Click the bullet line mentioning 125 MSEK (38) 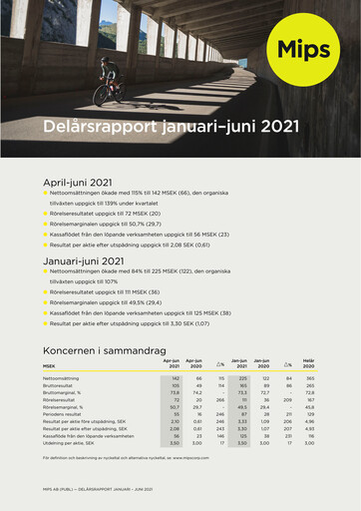(x=140, y=312)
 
